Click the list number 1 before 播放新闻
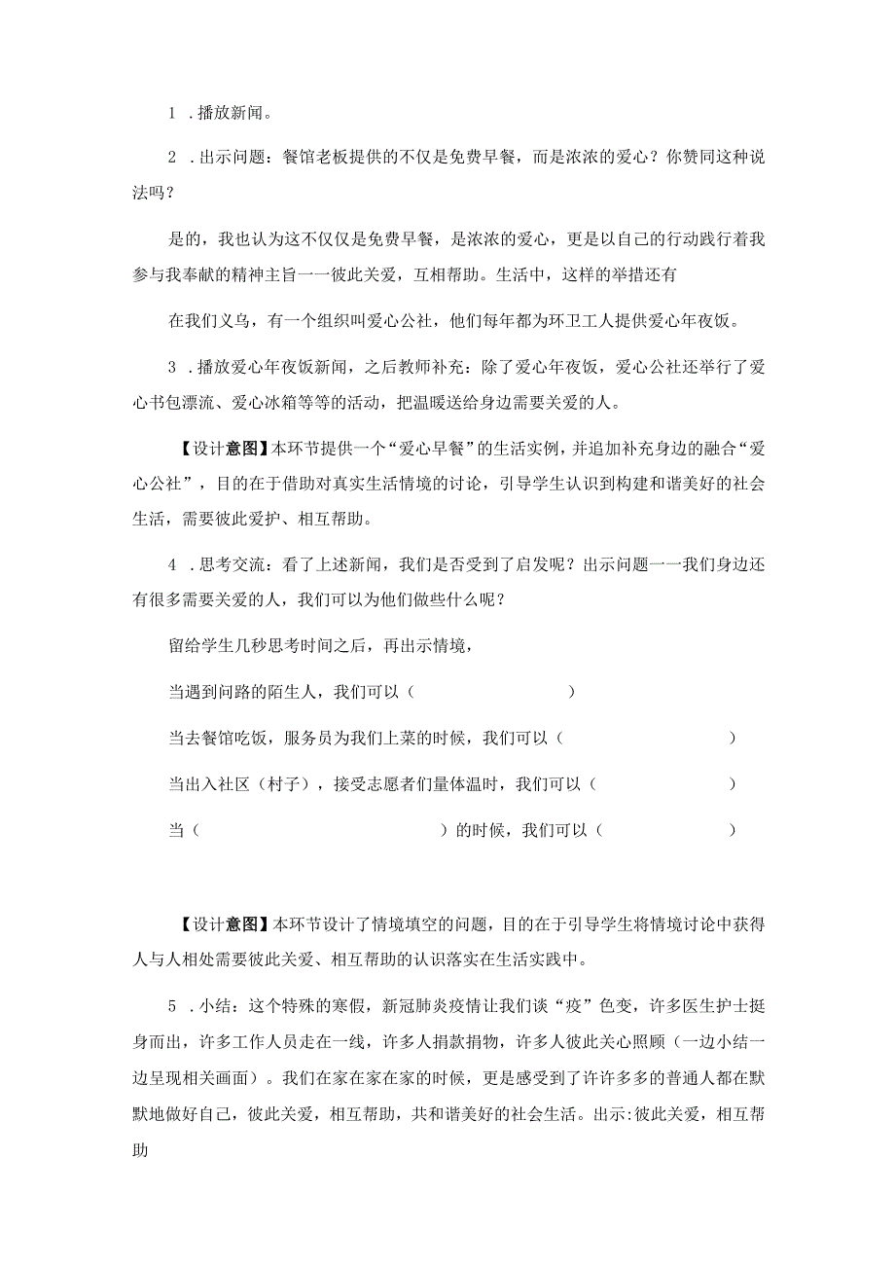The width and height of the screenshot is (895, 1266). pos(171,112)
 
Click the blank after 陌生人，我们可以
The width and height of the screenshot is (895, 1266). pos(492,693)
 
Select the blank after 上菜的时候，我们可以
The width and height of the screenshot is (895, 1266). pos(647,739)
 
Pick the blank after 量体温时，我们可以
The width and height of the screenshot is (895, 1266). pos(662,784)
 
